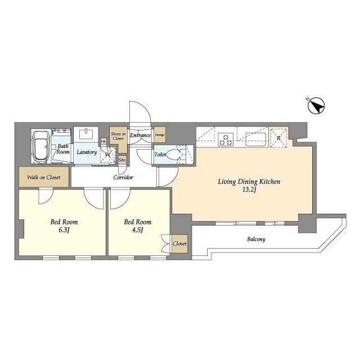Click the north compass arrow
[317, 106]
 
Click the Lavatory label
[87, 152]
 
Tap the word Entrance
[140, 136]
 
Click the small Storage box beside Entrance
[160, 135]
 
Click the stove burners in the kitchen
[226, 138]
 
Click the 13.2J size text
[249, 190]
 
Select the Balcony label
[256, 239]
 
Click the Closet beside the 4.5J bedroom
[179, 244]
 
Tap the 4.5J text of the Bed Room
[136, 229]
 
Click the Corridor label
[123, 177]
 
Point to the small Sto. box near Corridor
[122, 160]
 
